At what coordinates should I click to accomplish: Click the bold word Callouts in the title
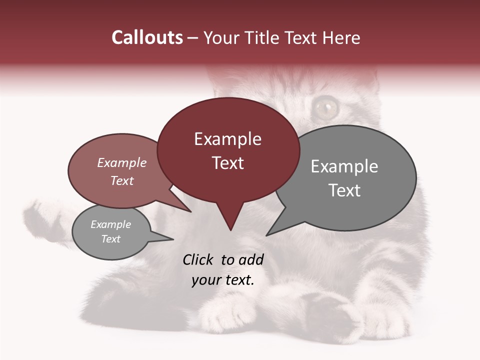[x=147, y=37]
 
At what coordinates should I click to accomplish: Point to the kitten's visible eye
[x=325, y=106]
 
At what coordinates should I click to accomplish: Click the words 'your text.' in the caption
[x=223, y=280]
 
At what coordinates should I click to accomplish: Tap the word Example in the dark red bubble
[x=227, y=139]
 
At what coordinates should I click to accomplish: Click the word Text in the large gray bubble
[x=344, y=190]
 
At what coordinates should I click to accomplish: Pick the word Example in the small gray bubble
[x=110, y=224]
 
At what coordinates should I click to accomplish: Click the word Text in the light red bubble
[x=122, y=181]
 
